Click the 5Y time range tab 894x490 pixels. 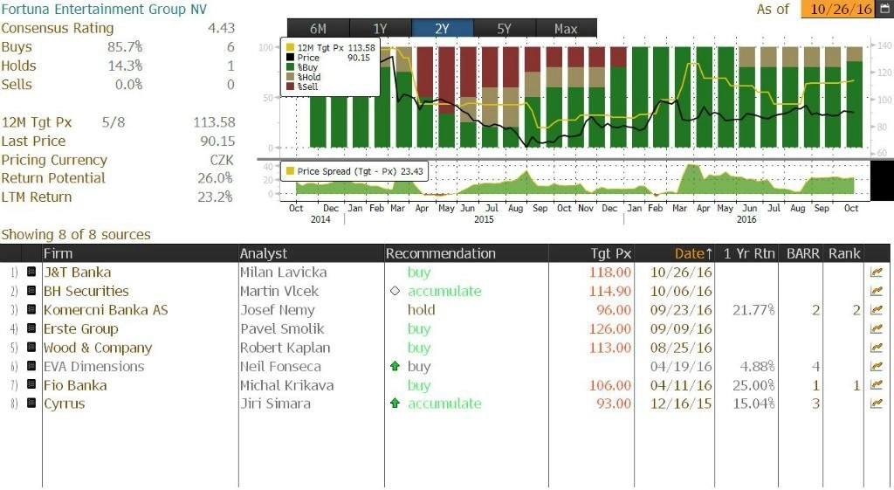[x=504, y=29]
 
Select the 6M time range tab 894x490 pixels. [x=317, y=29]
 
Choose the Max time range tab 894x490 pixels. [x=566, y=29]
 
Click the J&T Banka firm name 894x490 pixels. [x=77, y=273]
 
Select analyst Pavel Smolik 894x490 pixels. [x=281, y=329]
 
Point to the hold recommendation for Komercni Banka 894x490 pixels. [x=421, y=310]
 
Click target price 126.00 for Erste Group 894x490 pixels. [x=610, y=329]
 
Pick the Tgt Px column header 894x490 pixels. [x=610, y=253]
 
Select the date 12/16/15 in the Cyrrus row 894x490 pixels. [x=681, y=404]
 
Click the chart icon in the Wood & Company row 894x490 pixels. [x=877, y=348]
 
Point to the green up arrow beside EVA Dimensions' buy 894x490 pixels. [x=395, y=367]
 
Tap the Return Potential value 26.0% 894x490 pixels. [x=216, y=178]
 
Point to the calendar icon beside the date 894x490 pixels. [x=885, y=9]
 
